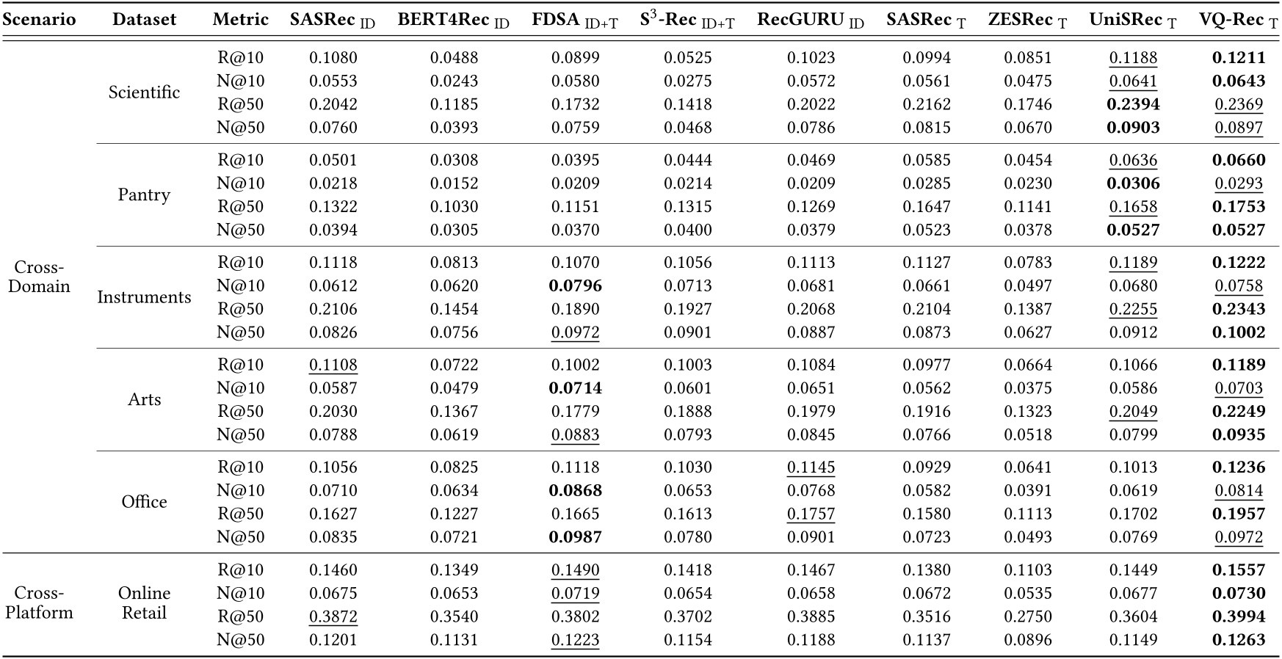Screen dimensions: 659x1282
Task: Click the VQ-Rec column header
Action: coord(1239,20)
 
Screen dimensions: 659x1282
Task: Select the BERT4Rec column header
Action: coord(453,20)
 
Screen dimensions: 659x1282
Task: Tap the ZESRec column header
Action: coord(1027,20)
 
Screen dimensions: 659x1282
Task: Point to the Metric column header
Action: coord(240,20)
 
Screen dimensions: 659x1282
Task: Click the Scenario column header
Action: coord(39,20)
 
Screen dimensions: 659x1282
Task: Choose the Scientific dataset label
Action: coord(144,92)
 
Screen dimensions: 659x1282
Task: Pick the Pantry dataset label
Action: coord(144,195)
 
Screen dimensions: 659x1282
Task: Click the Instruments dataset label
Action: coord(144,297)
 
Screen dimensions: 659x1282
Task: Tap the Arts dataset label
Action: coord(144,400)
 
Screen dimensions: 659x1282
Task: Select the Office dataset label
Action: coord(144,502)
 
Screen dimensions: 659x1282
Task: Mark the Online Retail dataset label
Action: coord(144,603)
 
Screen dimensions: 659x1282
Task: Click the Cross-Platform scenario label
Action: coord(39,603)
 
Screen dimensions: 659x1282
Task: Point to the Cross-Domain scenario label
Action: coord(39,277)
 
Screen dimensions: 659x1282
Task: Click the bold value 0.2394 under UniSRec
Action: coord(1133,104)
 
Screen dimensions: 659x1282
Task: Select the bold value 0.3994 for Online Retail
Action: coord(1239,616)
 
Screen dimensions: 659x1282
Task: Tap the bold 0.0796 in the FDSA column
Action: coord(575,285)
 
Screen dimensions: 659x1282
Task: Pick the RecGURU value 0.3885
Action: coord(811,616)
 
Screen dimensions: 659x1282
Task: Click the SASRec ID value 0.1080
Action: coord(333,57)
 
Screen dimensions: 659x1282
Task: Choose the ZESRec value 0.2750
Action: coord(1027,616)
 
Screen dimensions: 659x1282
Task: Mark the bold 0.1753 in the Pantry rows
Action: coord(1239,207)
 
